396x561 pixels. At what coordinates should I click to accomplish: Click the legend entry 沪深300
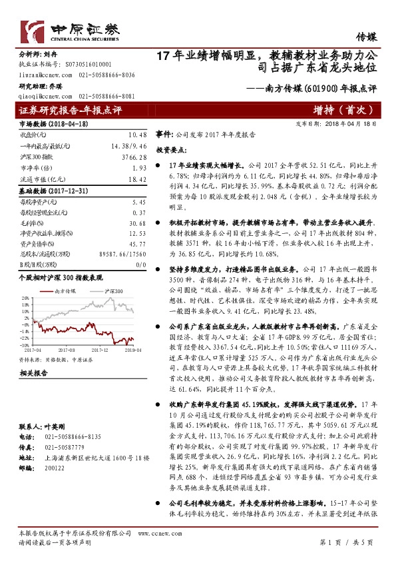(114, 290)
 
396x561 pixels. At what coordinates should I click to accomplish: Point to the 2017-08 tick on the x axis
(67, 348)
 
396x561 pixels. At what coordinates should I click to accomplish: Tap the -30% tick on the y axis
(25, 344)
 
